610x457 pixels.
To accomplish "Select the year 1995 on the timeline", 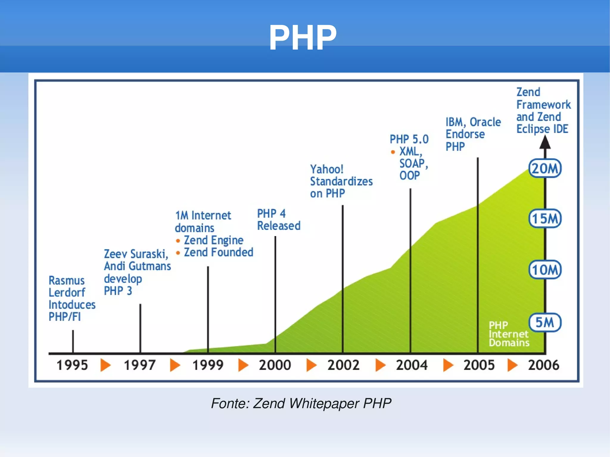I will [72, 365].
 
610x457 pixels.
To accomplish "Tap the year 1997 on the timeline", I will [140, 365].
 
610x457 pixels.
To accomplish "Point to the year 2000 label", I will [275, 365].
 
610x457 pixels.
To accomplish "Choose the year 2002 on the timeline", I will [343, 365].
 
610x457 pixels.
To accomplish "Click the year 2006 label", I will [544, 365].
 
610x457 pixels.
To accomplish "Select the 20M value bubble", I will [545, 169].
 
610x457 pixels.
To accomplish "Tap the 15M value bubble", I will [545, 219].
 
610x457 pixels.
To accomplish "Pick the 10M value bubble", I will [545, 270].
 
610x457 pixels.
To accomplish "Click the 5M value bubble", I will [545, 322].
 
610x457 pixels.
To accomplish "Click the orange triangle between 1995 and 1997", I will [105, 365].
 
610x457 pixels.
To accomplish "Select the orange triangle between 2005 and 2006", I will [512, 365].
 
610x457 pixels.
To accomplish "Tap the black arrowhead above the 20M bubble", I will [545, 142].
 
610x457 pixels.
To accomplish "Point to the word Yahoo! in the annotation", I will [327, 169].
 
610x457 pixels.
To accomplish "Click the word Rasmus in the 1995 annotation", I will [67, 280].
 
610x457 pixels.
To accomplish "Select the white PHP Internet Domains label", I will [509, 334].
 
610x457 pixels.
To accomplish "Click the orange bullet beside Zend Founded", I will [178, 253].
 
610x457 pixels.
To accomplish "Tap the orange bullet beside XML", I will [393, 152].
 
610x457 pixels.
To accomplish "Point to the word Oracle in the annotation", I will [485, 122].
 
